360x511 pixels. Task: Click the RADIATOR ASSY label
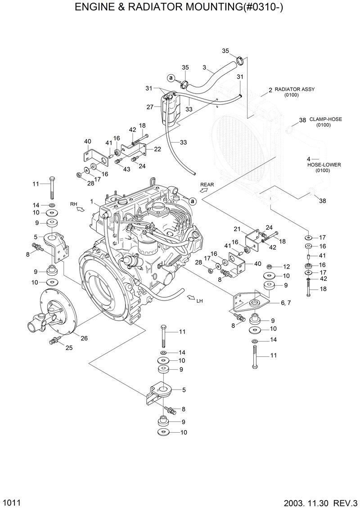[x=295, y=90]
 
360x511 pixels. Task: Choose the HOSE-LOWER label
[x=324, y=165]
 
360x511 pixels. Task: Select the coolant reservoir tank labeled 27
[x=169, y=110]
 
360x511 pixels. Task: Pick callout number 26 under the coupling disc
[x=84, y=338]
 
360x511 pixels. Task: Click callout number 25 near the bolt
[x=69, y=347]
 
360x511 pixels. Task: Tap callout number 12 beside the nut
[x=286, y=267]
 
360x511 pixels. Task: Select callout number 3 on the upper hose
[x=204, y=68]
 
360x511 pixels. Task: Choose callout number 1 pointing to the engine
[x=91, y=202]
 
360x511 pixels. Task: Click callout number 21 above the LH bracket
[x=237, y=229]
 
